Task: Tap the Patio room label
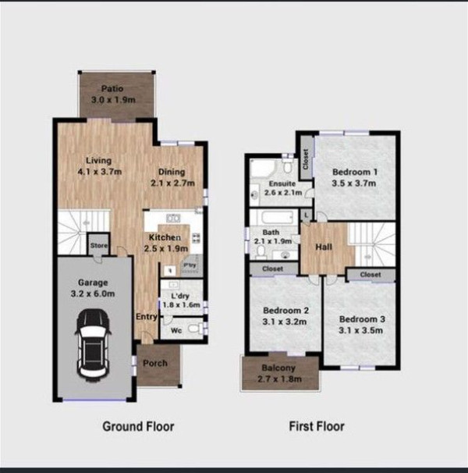coord(112,89)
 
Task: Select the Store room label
coord(99,246)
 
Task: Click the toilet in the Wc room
coord(196,328)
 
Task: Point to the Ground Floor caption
coord(138,426)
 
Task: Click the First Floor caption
coord(317,426)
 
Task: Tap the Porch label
coord(155,363)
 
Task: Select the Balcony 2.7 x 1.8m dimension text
coord(279,379)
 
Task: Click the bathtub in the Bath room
coord(277,217)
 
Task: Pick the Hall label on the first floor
coord(324,247)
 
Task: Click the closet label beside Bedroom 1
coord(306,159)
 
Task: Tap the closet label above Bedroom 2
coord(272,269)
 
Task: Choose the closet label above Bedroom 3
coord(370,275)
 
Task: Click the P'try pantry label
coord(190,265)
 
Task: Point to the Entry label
coord(147,317)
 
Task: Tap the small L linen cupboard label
coord(307,215)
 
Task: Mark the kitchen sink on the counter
coord(173,218)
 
